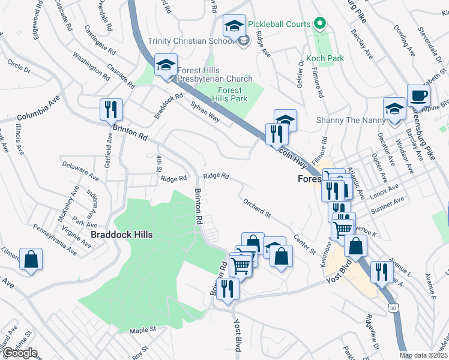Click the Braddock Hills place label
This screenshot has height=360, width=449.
pos(121,235)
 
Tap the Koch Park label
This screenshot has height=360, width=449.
pos(325,58)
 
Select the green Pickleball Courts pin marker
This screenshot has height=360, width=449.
pos(320,24)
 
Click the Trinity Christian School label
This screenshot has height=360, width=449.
pos(191,41)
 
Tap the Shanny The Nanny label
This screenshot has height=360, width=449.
pos(351,120)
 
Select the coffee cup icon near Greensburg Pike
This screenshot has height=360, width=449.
pos(418,95)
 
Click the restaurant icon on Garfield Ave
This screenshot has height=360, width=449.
pos(111,109)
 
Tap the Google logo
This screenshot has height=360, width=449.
pos(19,353)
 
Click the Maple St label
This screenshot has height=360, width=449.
pos(143,329)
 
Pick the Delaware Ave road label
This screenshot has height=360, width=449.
pos(80,169)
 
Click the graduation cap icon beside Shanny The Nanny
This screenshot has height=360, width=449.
pos(394,109)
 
